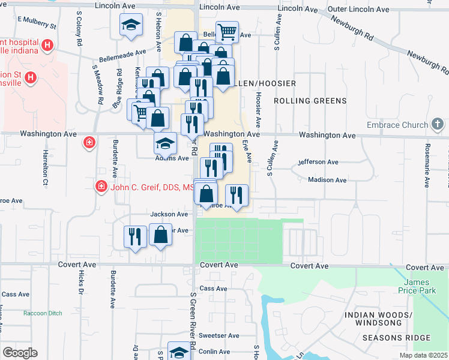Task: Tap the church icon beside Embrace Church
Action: [x=438, y=125]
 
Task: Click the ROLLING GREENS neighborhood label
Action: [x=310, y=101]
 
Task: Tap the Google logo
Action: [x=20, y=353]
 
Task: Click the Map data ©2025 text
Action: [x=424, y=355]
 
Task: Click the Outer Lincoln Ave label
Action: [x=359, y=10]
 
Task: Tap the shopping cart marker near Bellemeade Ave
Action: [x=227, y=31]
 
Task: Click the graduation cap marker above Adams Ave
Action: [x=166, y=143]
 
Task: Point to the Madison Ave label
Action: [x=327, y=180]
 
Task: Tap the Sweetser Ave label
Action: [x=220, y=335]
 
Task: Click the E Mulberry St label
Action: [x=36, y=23]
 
